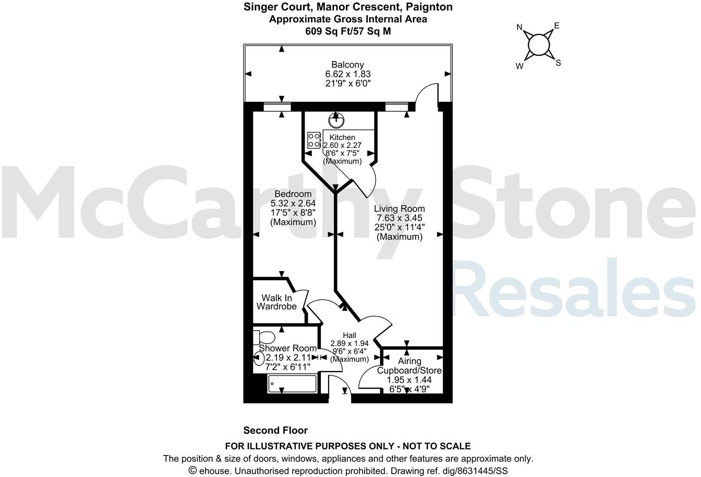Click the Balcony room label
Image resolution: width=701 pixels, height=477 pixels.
[348, 65]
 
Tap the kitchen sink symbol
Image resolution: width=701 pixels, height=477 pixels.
[336, 121]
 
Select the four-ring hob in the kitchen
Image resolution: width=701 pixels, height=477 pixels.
[313, 140]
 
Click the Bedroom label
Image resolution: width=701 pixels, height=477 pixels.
[293, 194]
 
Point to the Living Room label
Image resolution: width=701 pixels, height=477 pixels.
[399, 209]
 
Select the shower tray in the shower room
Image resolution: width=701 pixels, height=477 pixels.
[292, 384]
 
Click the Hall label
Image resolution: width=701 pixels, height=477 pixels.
[349, 335]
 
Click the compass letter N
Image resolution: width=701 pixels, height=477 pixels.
[519, 27]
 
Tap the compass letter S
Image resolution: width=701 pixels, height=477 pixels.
[558, 63]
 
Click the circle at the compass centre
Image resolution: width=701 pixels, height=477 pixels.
[538, 45]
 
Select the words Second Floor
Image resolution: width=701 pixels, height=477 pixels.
[275, 430]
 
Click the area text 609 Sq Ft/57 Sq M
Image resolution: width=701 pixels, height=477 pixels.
[348, 31]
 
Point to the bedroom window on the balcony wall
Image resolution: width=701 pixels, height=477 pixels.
[277, 107]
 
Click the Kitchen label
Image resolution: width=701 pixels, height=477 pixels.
[342, 137]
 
